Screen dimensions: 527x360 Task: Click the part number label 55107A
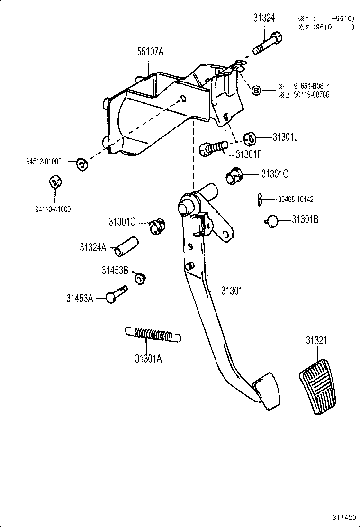(150, 52)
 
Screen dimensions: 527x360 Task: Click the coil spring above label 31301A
(153, 334)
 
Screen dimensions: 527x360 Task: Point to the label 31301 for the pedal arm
(231, 291)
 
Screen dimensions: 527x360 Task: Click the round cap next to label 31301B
(271, 220)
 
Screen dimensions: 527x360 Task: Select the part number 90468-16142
(296, 200)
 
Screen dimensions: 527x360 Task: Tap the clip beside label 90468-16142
(260, 200)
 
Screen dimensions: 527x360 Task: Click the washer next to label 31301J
(250, 139)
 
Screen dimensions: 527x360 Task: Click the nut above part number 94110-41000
(55, 182)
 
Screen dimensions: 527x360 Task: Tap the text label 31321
(316, 341)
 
